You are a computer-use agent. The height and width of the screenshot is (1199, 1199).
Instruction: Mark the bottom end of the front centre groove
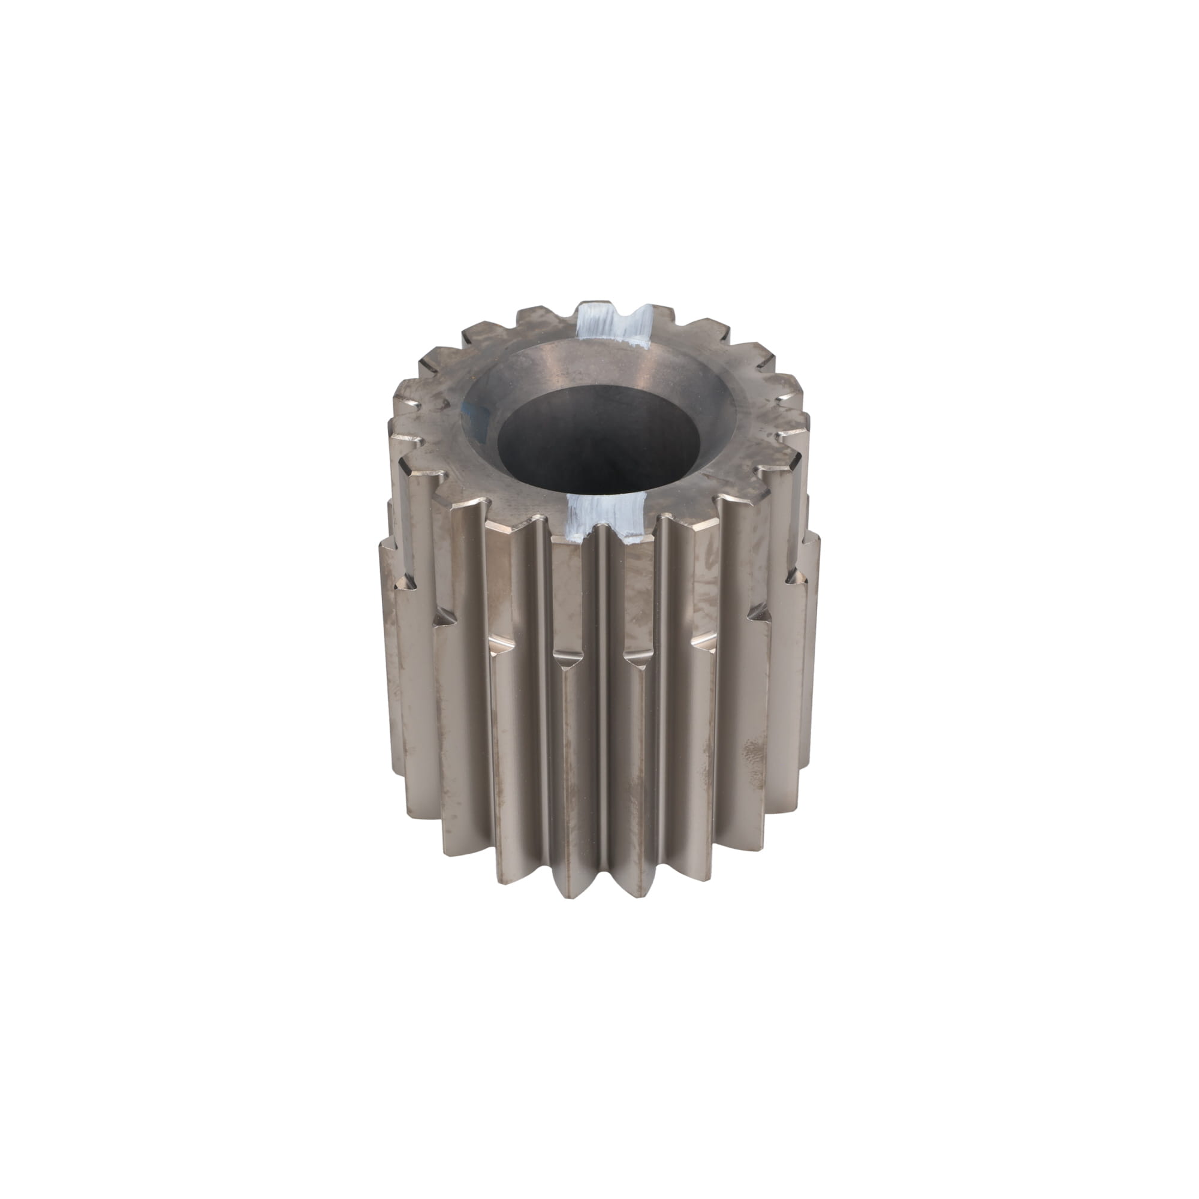coord(601,894)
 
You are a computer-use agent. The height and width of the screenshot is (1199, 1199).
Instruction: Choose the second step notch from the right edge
coord(760,614)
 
